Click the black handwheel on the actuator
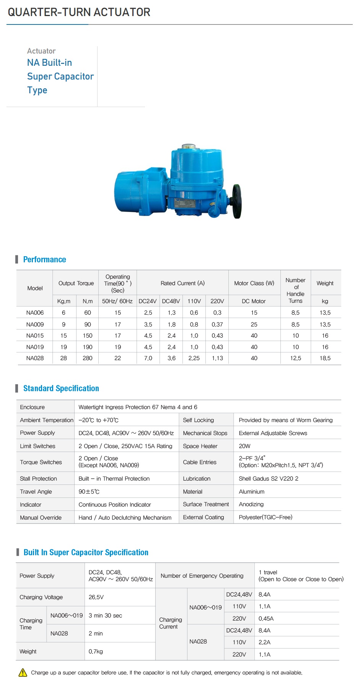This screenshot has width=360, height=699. [236, 201]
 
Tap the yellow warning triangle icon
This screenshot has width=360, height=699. [23, 672]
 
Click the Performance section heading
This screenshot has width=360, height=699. [44, 260]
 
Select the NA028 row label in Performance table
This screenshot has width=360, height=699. [35, 358]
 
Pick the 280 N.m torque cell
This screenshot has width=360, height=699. [88, 358]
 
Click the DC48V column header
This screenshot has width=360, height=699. [171, 301]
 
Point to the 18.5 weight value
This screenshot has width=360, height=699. [325, 358]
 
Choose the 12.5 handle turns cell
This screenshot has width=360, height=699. [295, 358]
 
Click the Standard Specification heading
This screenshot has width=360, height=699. [61, 389]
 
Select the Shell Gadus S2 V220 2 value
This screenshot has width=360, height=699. [269, 479]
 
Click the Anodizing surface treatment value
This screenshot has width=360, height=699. [251, 504]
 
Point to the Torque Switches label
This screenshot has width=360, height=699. [41, 462]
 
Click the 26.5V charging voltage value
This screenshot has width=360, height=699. [96, 597]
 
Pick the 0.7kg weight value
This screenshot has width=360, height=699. [96, 652]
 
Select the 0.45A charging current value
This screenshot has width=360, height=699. [266, 619]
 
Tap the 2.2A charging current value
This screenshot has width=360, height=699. [264, 642]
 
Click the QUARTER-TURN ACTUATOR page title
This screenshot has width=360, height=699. [79, 12]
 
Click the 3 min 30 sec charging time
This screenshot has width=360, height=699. [105, 616]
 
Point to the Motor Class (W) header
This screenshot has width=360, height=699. [254, 283]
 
